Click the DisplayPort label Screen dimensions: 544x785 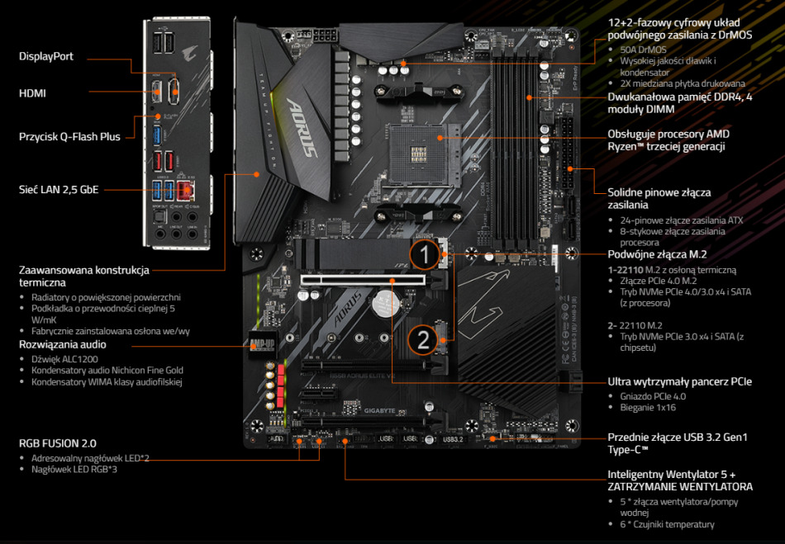click(46, 56)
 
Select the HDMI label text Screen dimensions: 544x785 click(33, 93)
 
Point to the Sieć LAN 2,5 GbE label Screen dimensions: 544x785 click(59, 190)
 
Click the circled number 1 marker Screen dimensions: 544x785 click(424, 254)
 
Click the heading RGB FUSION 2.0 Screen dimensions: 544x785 click(58, 442)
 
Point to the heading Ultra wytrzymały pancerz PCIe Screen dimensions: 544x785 click(679, 381)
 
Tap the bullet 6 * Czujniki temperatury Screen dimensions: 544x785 click(667, 524)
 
